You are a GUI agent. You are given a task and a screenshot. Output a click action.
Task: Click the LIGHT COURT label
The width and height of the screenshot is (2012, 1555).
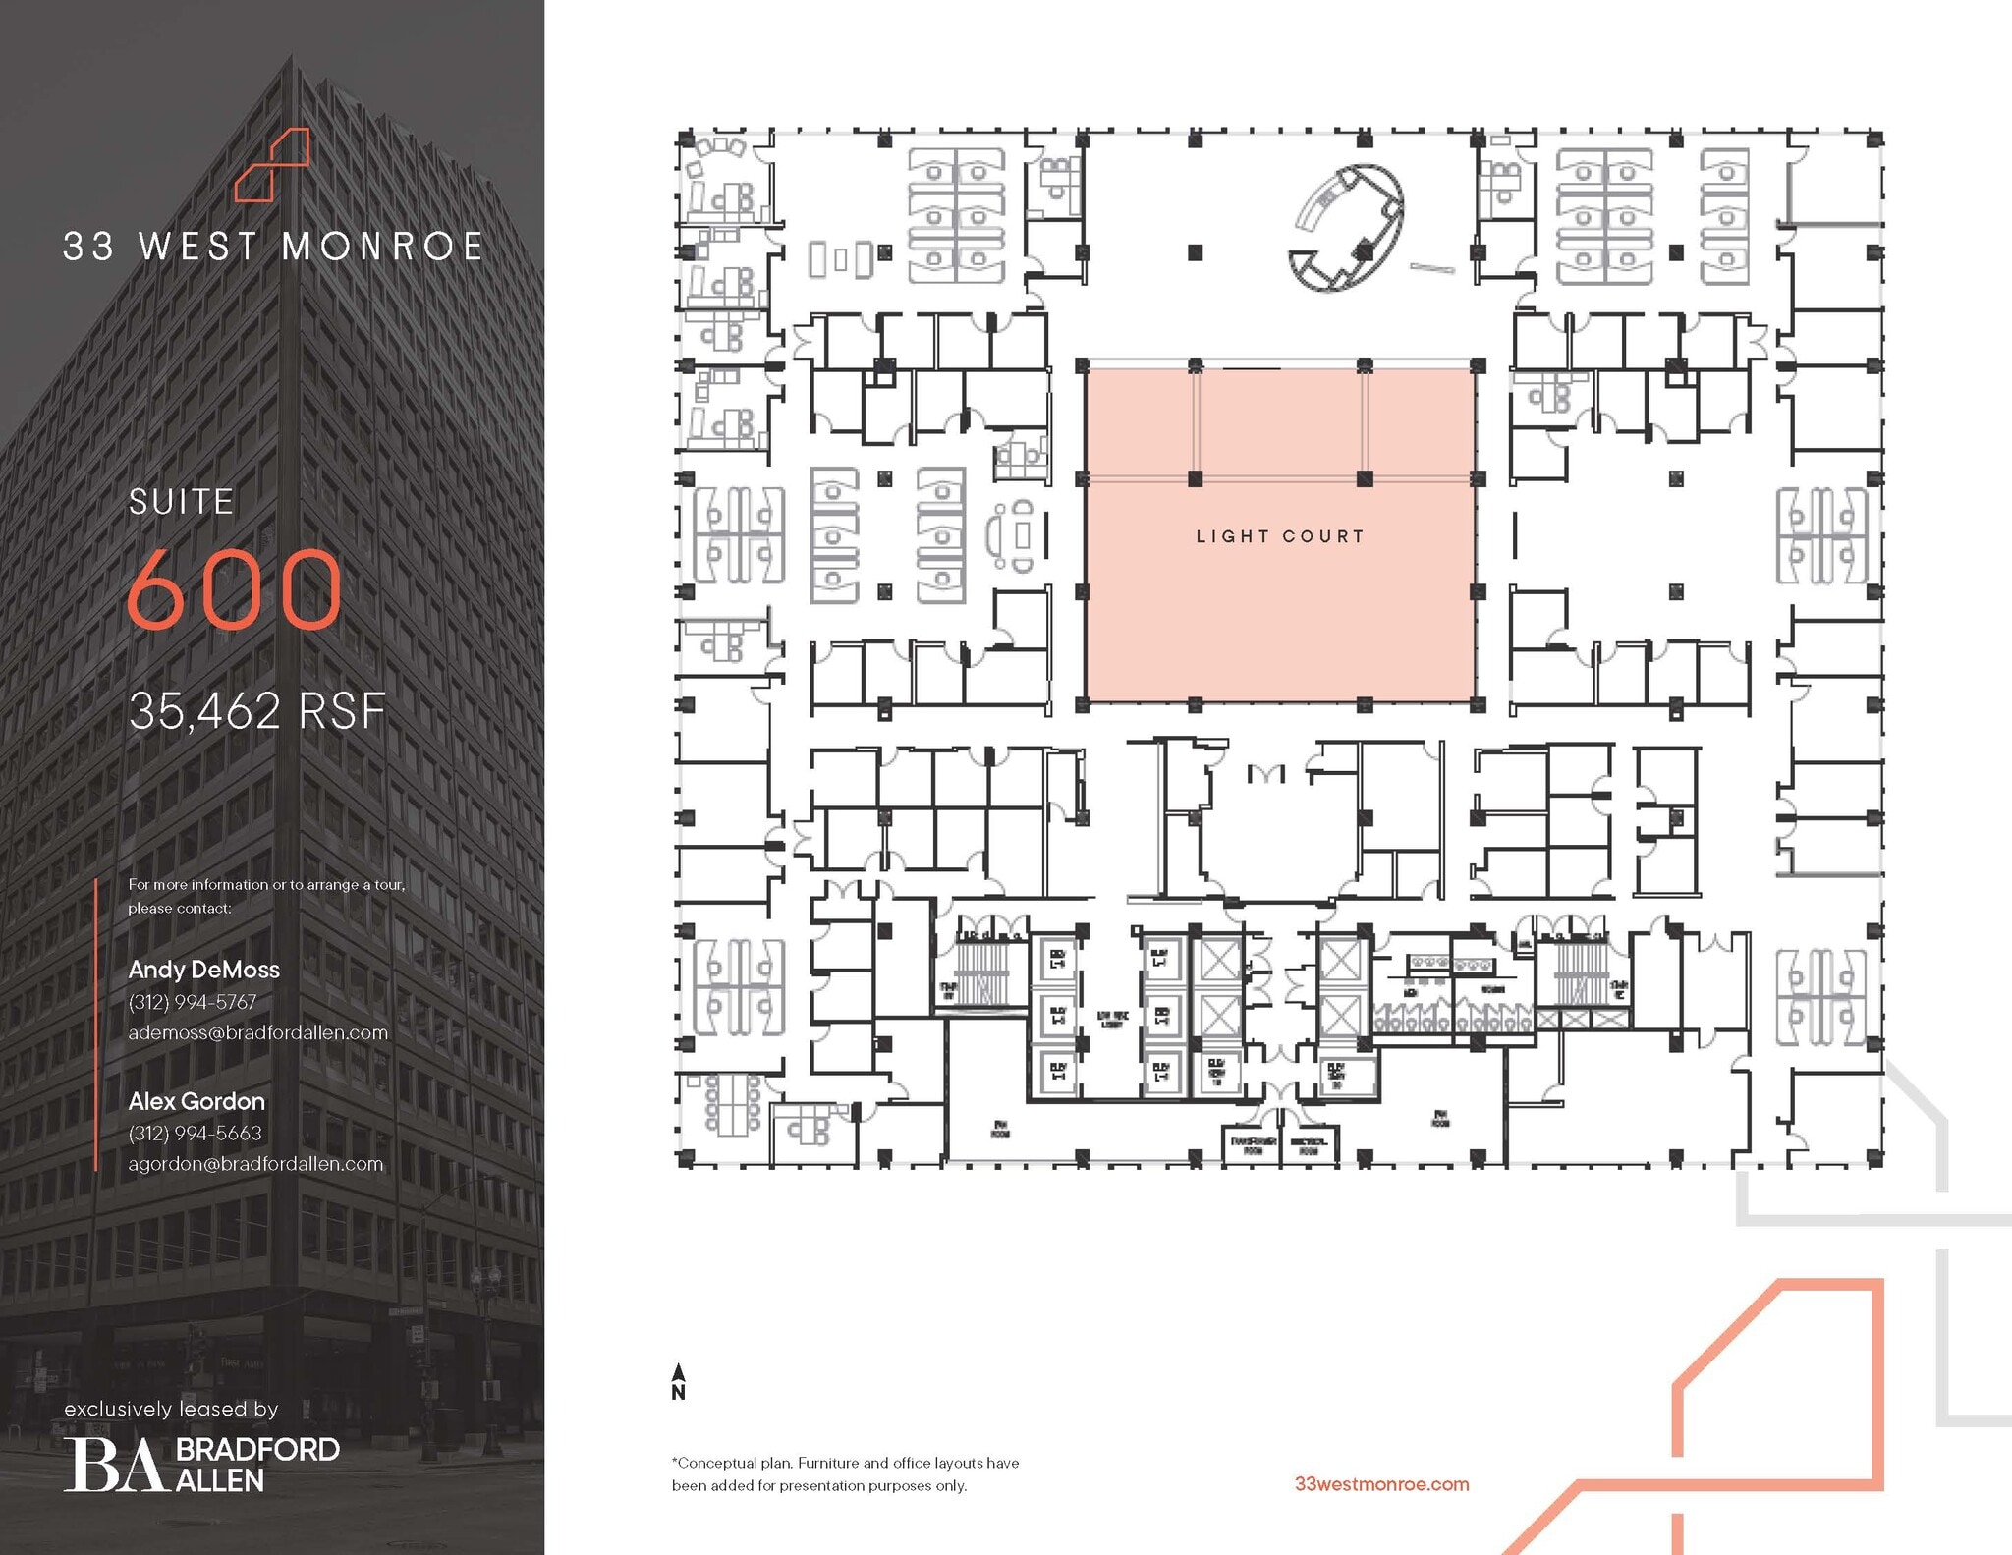click(x=1279, y=536)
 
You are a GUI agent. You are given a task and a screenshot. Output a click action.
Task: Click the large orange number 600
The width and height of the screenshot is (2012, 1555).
click(x=235, y=589)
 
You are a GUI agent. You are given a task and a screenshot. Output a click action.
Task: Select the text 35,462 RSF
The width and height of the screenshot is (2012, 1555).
click(x=257, y=711)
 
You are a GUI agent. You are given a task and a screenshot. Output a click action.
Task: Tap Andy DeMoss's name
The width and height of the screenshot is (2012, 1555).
click(x=203, y=970)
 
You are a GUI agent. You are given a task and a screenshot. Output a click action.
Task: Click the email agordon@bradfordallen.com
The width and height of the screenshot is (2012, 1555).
click(x=255, y=1164)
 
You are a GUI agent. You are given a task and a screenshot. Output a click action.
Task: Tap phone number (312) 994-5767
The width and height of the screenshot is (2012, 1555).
click(x=193, y=1002)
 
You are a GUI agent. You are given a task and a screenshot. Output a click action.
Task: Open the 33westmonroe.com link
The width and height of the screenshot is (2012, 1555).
click(x=1381, y=1484)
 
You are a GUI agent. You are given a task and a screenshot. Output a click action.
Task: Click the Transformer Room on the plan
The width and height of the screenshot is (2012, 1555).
click(x=1253, y=1145)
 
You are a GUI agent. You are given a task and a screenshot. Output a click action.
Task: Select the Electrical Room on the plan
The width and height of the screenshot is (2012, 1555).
click(x=1309, y=1145)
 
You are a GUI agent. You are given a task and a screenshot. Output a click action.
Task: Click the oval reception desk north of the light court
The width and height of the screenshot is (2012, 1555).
click(x=1347, y=228)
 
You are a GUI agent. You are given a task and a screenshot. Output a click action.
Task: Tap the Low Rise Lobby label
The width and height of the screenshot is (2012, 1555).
click(x=1112, y=1020)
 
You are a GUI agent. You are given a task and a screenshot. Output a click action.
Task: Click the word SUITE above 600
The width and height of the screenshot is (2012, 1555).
click(x=182, y=502)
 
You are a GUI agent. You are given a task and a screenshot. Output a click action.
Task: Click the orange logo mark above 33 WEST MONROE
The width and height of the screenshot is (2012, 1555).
click(x=272, y=164)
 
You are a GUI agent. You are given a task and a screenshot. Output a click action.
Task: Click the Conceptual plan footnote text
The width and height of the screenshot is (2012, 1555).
click(x=845, y=1473)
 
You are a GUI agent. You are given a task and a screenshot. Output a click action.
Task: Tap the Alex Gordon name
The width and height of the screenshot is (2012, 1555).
click(x=196, y=1101)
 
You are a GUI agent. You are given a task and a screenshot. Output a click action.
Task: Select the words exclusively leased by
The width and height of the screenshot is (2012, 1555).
click(x=171, y=1409)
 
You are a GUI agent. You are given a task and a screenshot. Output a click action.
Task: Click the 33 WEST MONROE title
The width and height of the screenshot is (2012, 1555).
click(x=272, y=247)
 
